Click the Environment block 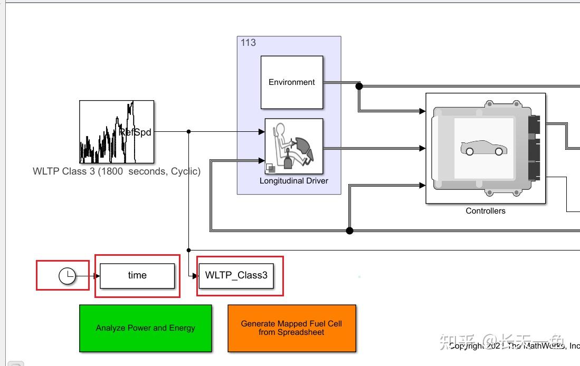click(291, 82)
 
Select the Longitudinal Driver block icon click(293, 146)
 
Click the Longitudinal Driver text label click(293, 181)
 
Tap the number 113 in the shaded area click(248, 43)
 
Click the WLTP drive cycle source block click(117, 132)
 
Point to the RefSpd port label click(136, 132)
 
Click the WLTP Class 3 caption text click(117, 171)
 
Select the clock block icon click(67, 275)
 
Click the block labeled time click(137, 275)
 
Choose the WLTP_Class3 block click(236, 275)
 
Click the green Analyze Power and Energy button click(146, 328)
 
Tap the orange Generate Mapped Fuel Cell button click(292, 328)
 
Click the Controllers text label click(486, 211)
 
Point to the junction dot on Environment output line click(359, 86)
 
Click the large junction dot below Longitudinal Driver click(349, 230)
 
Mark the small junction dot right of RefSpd click(188, 131)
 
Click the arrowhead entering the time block click(97, 275)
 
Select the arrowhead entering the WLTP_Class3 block click(195, 275)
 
